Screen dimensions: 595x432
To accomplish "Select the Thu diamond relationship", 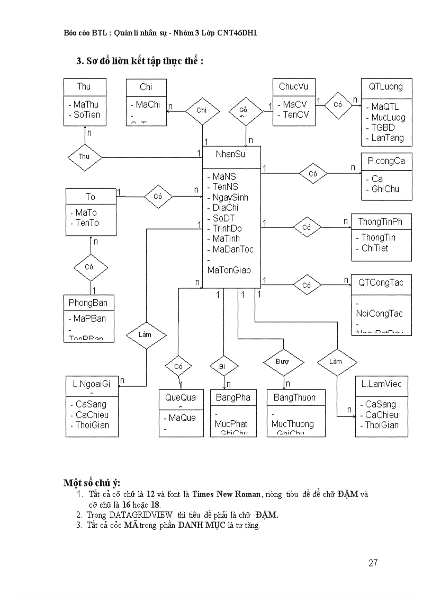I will (x=84, y=156).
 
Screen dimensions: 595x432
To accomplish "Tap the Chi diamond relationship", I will (x=201, y=110).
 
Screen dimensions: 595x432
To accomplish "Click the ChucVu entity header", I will (x=293, y=86).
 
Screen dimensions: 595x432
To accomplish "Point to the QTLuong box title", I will (x=386, y=86).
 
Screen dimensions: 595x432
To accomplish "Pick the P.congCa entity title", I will (x=386, y=161).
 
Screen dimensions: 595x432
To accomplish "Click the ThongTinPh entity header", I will (x=380, y=221).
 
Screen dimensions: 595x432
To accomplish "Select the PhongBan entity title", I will (x=88, y=303).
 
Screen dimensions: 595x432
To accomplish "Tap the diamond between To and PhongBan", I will (x=88, y=267).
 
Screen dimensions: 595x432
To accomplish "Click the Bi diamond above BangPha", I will (x=221, y=366).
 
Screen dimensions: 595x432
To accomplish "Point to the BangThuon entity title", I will (x=294, y=397).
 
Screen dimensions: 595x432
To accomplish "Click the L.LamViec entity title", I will (x=381, y=384).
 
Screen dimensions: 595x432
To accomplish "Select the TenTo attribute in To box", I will (x=87, y=223).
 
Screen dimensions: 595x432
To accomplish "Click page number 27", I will (x=373, y=563).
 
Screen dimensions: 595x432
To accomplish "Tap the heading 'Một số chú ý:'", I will (x=92, y=483).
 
